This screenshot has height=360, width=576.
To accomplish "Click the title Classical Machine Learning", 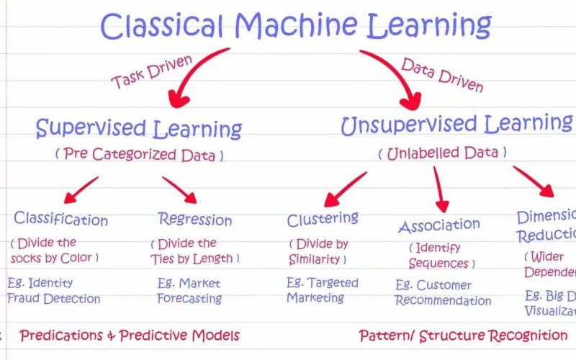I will point(295,26).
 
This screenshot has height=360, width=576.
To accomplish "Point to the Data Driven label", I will point(442,75).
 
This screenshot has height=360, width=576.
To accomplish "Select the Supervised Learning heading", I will point(139,129).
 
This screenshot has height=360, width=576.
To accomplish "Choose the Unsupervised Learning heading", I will point(456,124).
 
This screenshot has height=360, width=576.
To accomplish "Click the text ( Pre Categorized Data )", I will point(139,154).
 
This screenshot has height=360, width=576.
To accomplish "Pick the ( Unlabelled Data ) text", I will point(442,153).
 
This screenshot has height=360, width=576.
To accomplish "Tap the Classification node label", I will point(61,219).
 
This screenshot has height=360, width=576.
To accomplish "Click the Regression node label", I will point(195,219).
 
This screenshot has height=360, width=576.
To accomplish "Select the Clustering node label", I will point(323,219).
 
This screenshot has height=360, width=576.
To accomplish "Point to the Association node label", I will point(439,226).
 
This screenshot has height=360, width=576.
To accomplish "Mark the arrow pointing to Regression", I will point(180,190).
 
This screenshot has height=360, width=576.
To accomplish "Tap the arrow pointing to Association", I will point(438,189).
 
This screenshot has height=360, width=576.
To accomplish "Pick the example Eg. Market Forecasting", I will point(189,290).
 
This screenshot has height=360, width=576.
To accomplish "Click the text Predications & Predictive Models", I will point(130,336).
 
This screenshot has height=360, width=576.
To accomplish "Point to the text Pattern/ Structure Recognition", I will point(463,336).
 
